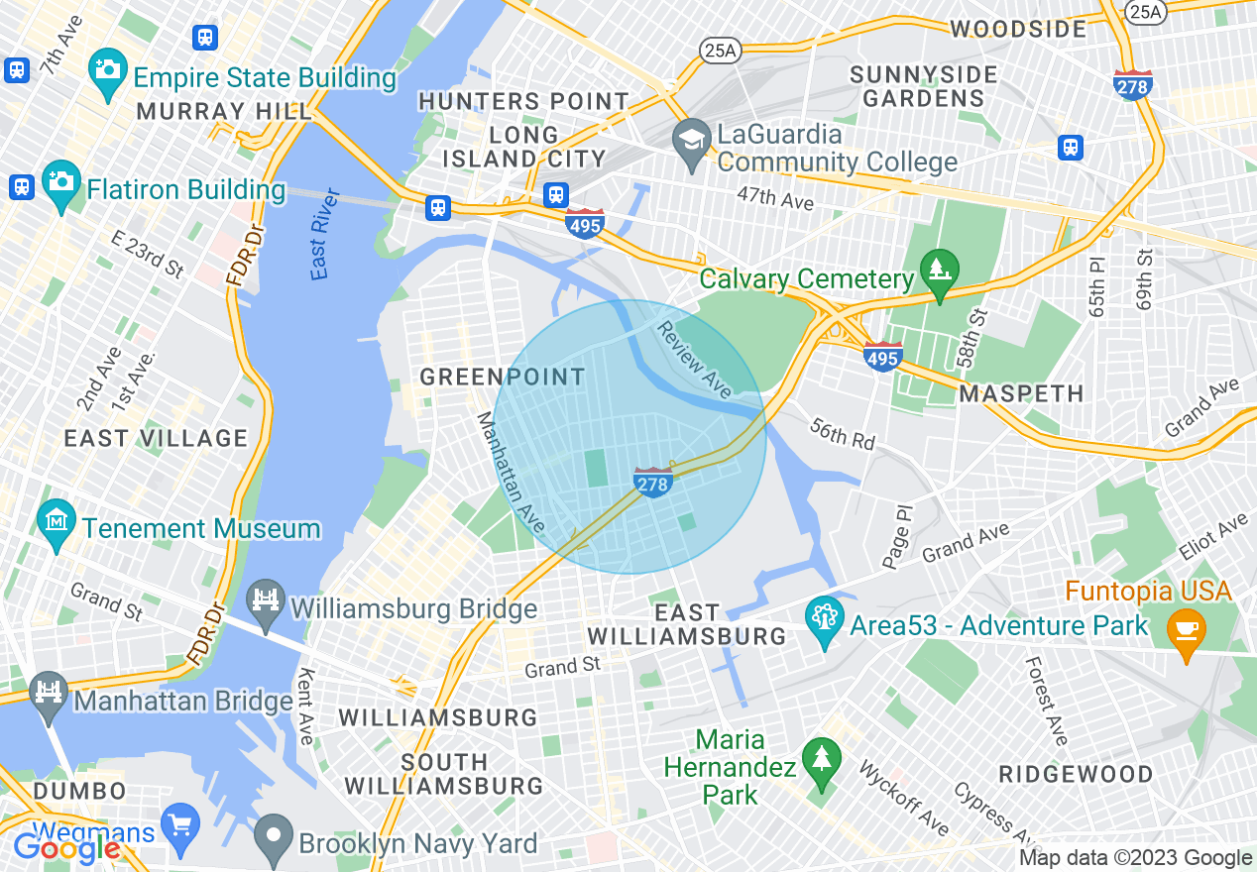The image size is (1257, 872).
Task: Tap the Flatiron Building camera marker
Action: pos(61,182)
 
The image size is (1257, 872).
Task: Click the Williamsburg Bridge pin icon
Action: pos(267,601)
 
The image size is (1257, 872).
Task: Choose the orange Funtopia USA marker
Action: pos(1186,626)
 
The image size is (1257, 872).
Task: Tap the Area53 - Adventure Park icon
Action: pos(823,618)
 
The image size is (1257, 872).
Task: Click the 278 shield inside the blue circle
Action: pos(652,483)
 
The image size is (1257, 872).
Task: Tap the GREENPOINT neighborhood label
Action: pos(503,377)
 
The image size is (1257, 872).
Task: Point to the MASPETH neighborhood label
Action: pos(1021,393)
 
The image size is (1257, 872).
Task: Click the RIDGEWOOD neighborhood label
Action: pos(1076,773)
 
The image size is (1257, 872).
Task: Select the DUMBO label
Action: pos(80,791)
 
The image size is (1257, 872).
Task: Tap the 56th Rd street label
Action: pos(843,433)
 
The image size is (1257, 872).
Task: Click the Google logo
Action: pos(66,848)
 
